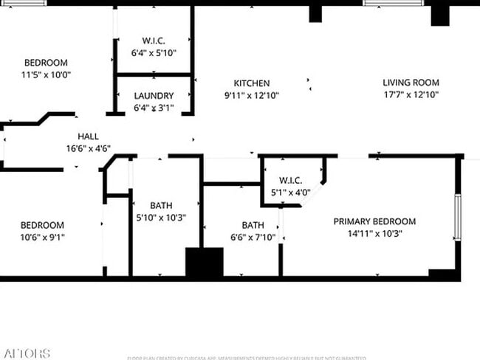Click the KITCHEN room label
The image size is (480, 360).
(x=252, y=83)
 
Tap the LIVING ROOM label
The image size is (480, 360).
(x=411, y=83)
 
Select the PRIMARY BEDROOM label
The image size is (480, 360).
(x=374, y=221)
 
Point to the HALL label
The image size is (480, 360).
(x=89, y=136)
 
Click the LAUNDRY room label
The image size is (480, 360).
(x=154, y=96)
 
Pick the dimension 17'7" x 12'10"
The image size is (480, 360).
(x=411, y=94)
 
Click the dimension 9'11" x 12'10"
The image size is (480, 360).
(x=252, y=95)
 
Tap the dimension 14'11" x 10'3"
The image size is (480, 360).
(x=374, y=234)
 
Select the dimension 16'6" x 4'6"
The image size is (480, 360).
(x=89, y=148)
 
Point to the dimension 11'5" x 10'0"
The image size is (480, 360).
(x=46, y=75)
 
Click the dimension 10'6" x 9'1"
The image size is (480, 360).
(x=41, y=238)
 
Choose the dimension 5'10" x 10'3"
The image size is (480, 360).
(x=161, y=218)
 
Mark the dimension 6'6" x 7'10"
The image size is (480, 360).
(x=253, y=238)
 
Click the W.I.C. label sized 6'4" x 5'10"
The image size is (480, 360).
(x=154, y=41)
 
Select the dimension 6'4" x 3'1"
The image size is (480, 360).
(x=154, y=108)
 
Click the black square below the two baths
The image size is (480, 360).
(x=204, y=263)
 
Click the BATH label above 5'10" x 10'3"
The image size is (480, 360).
(x=161, y=206)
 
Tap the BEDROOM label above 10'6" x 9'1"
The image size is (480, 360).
(x=41, y=225)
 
